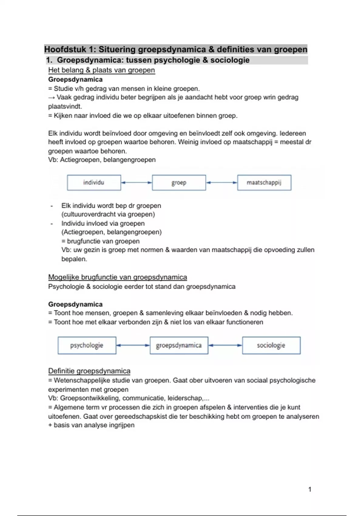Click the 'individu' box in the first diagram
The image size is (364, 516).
(94, 183)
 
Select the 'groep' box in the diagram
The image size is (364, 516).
(179, 183)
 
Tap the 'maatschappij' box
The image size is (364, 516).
(264, 183)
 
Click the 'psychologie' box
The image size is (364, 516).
(87, 345)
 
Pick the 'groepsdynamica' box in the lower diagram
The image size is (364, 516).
(179, 345)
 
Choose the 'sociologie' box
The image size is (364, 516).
(271, 345)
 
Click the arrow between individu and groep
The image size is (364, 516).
(136, 182)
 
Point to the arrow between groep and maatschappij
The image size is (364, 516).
(221, 182)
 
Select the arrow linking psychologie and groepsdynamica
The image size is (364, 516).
(133, 345)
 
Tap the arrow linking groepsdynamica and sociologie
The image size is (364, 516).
(225, 345)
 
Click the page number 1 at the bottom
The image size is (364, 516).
(310, 489)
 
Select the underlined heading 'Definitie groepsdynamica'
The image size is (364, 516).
(89, 371)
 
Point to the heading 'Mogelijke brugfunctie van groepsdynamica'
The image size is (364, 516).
(117, 277)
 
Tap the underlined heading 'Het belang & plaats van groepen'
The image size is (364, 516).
(102, 70)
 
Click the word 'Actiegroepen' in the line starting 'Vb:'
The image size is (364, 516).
(80, 160)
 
